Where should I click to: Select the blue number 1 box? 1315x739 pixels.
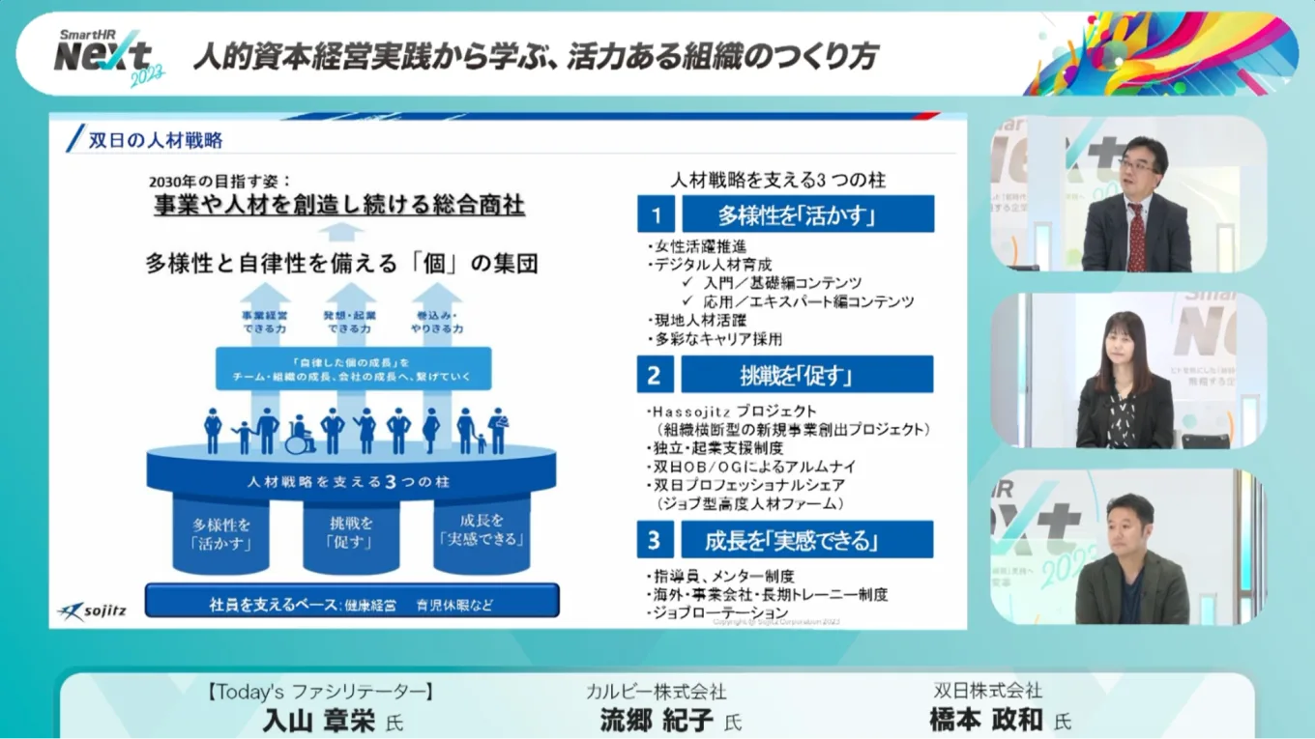[656, 214]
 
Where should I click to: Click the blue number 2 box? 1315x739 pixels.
[656, 374]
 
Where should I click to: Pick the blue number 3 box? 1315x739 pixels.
[656, 539]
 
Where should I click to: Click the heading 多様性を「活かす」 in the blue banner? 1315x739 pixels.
[808, 214]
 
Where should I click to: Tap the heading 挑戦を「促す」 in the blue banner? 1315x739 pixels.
[807, 374]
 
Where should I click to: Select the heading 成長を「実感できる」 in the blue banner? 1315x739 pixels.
[807, 539]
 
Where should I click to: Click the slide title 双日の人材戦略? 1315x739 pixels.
[155, 140]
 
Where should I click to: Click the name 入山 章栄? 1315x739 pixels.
[318, 721]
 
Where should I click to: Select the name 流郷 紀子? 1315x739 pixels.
[657, 721]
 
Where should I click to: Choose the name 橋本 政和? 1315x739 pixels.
[986, 721]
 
